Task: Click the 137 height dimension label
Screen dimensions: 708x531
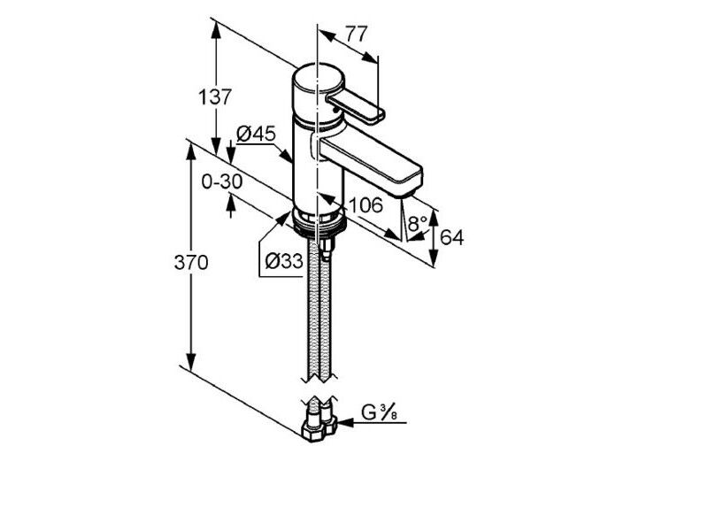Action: point(215,96)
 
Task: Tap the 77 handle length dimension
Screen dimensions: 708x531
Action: point(357,34)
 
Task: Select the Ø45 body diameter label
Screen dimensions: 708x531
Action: point(256,134)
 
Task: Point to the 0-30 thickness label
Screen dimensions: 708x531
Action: point(222,181)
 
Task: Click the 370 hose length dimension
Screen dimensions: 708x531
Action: point(191,262)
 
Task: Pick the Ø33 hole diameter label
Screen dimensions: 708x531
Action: point(283,261)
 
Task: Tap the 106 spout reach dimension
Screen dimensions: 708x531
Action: point(366,205)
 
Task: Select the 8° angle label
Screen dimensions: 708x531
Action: point(418,222)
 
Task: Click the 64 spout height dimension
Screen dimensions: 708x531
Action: point(452,237)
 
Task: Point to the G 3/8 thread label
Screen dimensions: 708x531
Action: point(379,412)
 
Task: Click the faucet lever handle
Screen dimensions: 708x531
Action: point(356,107)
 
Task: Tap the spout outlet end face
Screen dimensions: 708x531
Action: point(410,182)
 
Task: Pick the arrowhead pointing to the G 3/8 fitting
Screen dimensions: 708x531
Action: point(345,423)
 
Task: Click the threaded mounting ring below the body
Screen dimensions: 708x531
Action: point(319,222)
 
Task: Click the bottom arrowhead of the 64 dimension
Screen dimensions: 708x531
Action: point(434,258)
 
